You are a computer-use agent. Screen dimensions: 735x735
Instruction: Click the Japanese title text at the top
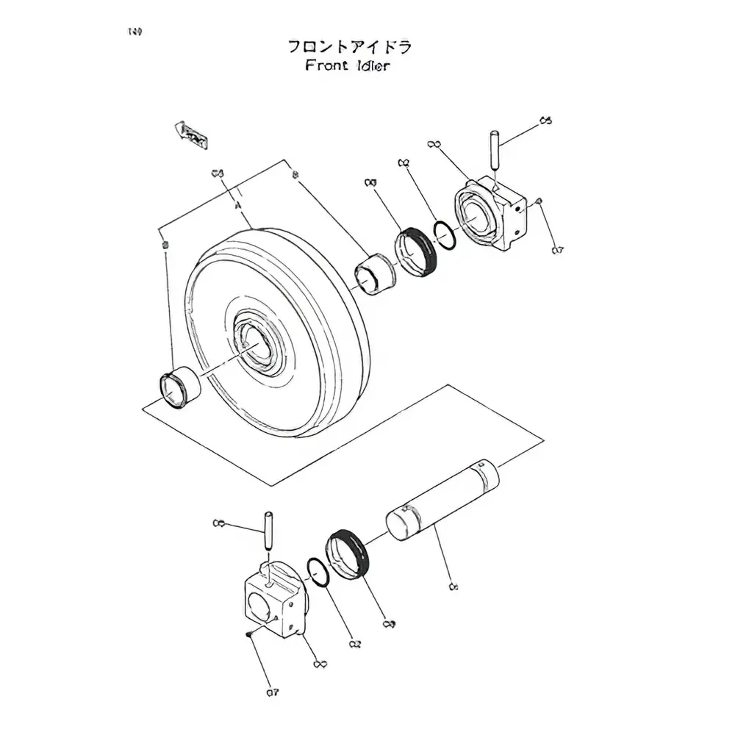349,47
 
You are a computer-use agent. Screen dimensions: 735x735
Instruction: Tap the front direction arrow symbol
191,135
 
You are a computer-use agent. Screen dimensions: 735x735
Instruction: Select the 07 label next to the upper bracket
558,251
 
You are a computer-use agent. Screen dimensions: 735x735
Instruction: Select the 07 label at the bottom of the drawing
273,692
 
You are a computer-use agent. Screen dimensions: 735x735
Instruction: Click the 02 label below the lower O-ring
356,644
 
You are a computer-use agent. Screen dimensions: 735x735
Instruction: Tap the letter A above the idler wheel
238,208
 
